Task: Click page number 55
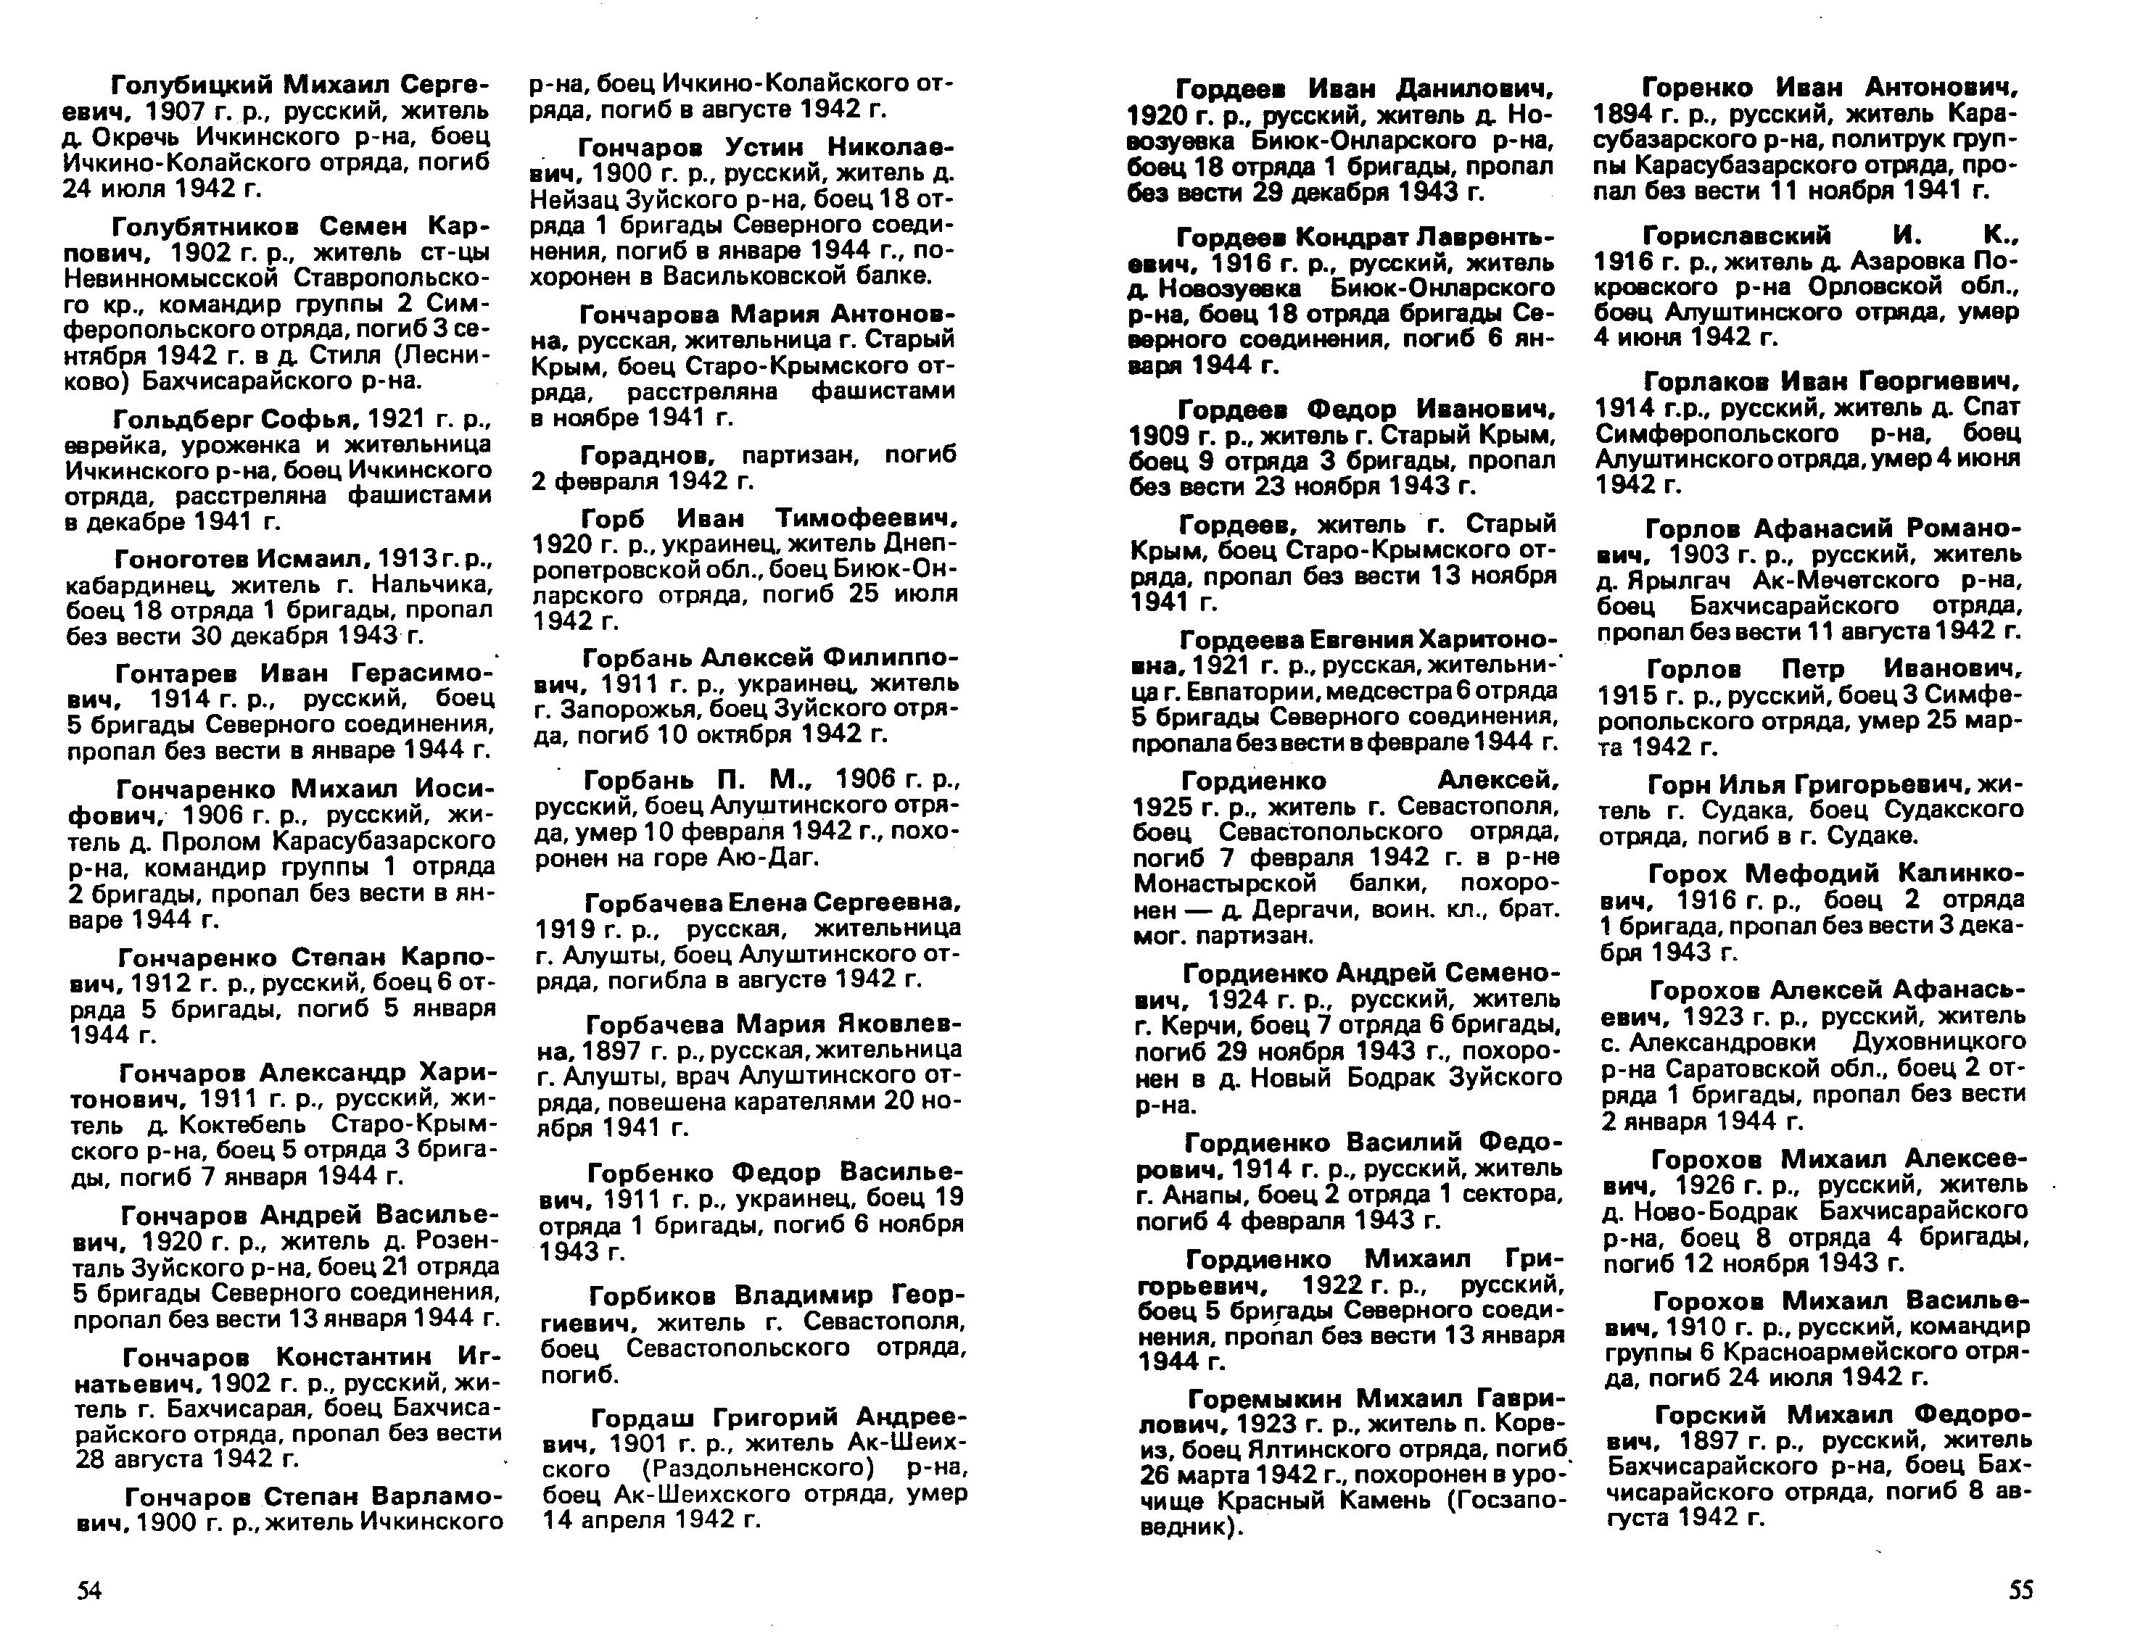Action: coord(2020,1590)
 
